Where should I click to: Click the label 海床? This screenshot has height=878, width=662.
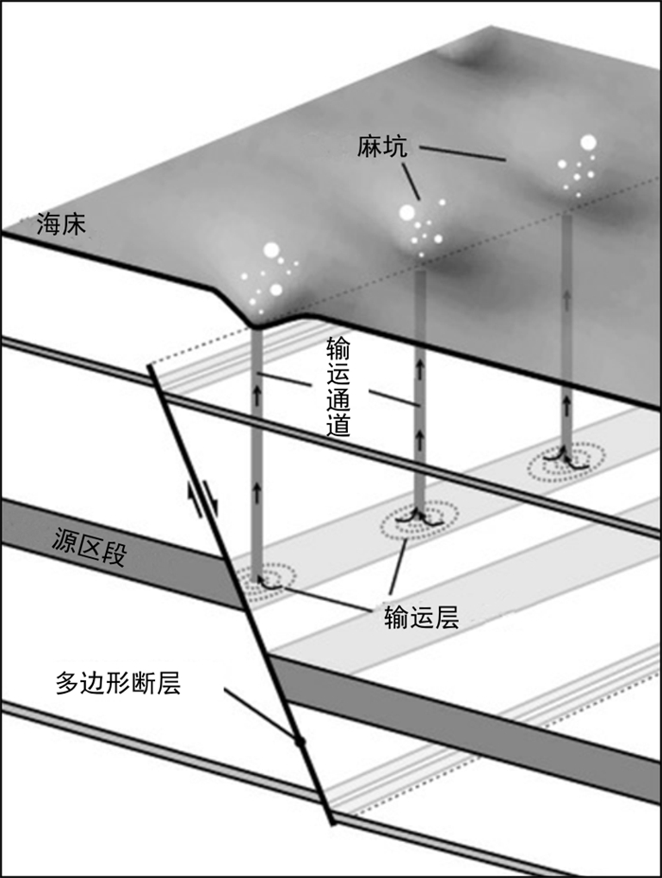(62, 224)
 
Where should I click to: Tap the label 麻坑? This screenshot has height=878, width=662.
(383, 146)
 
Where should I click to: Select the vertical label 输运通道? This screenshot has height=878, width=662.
(339, 384)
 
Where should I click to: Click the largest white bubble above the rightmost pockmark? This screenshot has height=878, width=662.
(588, 144)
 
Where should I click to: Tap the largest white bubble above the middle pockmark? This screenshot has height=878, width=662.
(408, 213)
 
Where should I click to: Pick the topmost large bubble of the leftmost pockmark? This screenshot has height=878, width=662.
(271, 251)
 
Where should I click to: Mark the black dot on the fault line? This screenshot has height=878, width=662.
(300, 741)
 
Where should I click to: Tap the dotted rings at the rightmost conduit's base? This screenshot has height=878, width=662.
(566, 461)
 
